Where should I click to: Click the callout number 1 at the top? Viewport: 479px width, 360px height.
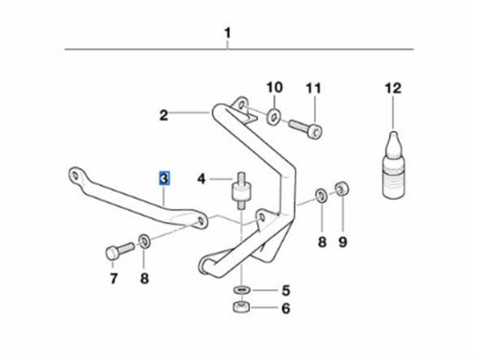point(227,34)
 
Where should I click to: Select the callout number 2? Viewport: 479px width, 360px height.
point(164,116)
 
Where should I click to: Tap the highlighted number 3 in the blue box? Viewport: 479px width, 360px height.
point(164,179)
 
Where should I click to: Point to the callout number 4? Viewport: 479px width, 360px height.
point(201,179)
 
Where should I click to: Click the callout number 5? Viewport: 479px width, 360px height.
point(285,290)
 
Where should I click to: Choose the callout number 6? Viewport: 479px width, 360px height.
point(285,308)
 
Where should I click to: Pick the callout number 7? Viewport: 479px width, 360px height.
point(113,279)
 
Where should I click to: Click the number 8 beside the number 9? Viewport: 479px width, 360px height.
point(322,242)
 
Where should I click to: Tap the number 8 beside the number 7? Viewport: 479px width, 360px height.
point(144,279)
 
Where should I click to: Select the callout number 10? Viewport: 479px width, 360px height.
point(274,87)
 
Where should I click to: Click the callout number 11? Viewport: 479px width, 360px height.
point(314,88)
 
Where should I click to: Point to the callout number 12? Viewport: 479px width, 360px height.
point(393,88)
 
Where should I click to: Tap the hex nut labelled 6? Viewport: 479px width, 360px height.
point(242,306)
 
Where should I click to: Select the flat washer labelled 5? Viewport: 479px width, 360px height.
point(242,290)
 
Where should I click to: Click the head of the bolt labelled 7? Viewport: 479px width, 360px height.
point(112,253)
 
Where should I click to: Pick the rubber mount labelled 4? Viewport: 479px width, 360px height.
point(242,191)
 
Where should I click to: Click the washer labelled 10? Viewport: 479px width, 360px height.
point(274,117)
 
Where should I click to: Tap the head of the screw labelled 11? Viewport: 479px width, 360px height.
point(315,133)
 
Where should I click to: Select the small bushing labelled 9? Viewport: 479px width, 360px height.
point(342,189)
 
